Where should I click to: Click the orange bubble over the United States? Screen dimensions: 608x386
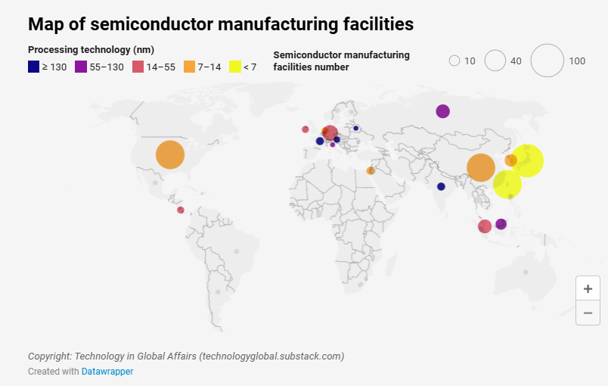pyautogui.click(x=170, y=155)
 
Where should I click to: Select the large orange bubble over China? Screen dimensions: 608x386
pyautogui.click(x=481, y=167)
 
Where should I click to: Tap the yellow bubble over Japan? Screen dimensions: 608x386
pyautogui.click(x=527, y=160)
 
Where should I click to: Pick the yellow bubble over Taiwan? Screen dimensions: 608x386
pyautogui.click(x=507, y=184)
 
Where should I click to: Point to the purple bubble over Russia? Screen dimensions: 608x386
pyautogui.click(x=443, y=111)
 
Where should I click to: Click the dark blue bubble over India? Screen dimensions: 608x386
pyautogui.click(x=441, y=187)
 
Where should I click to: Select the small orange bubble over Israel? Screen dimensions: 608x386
pyautogui.click(x=371, y=171)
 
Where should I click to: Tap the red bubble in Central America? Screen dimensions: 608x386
pyautogui.click(x=180, y=210)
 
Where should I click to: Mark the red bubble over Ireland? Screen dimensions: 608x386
pyautogui.click(x=306, y=129)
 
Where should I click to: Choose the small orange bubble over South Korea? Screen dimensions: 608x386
pyautogui.click(x=511, y=160)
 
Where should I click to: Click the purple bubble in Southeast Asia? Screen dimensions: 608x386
pyautogui.click(x=501, y=224)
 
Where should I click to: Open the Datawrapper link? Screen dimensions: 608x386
pyautogui.click(x=107, y=372)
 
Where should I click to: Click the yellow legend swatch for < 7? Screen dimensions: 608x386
pyautogui.click(x=235, y=67)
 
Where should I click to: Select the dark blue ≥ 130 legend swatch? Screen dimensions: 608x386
pyautogui.click(x=34, y=67)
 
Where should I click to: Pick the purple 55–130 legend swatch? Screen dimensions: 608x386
pyautogui.click(x=81, y=67)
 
